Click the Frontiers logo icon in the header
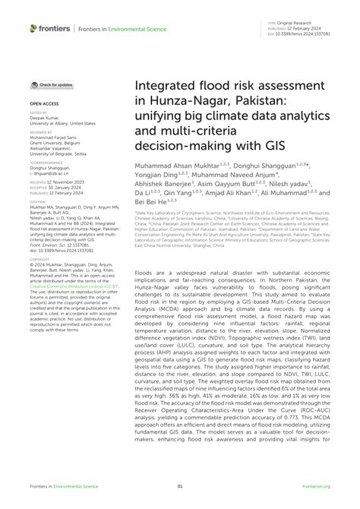(35, 27)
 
